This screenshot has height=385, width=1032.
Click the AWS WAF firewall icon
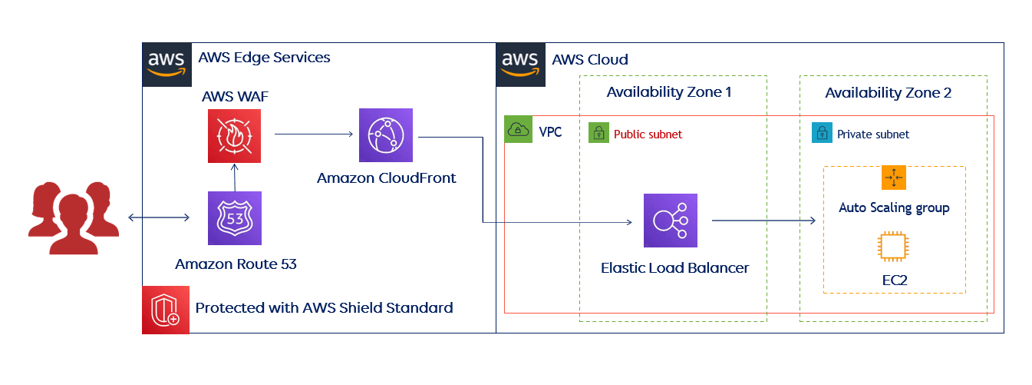[234, 136]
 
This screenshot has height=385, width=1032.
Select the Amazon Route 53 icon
[234, 217]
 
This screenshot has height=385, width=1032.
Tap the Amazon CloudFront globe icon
[386, 135]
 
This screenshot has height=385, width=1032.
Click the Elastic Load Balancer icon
[671, 220]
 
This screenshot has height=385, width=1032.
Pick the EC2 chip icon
[894, 247]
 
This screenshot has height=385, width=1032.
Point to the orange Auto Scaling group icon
[894, 178]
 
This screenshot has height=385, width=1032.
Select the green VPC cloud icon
[519, 131]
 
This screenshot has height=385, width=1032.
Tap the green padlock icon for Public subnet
[598, 133]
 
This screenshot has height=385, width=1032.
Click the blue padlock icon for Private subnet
[822, 133]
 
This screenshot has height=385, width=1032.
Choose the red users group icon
[73, 217]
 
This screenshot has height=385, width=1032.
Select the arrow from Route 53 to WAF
[234, 177]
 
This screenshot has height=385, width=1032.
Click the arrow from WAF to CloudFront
[312, 134]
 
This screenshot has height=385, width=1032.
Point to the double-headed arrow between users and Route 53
[158, 218]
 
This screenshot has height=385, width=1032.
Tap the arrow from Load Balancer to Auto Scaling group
[763, 221]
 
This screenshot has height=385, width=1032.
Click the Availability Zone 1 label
[668, 93]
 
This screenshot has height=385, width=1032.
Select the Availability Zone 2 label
[888, 93]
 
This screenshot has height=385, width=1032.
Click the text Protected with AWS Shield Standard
[324, 308]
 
